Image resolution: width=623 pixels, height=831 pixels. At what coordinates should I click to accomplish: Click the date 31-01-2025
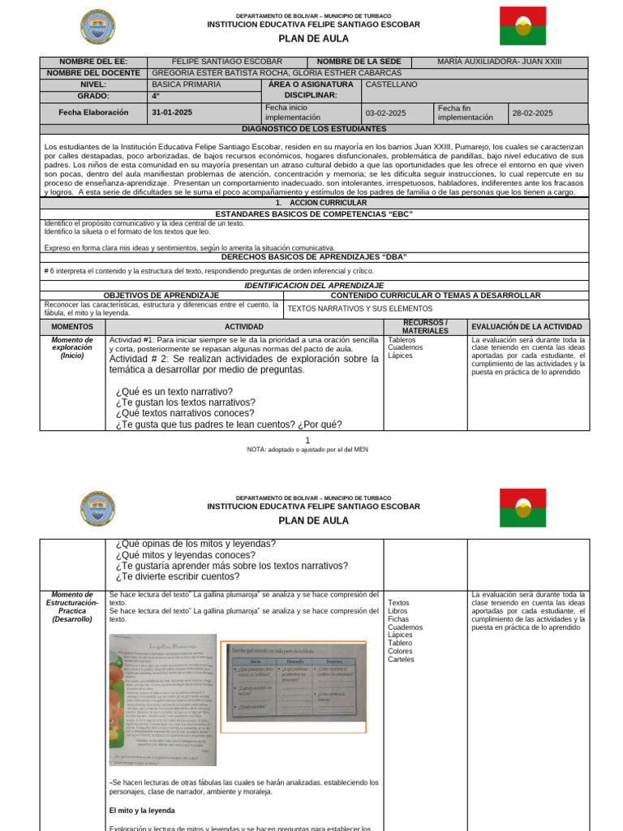172,113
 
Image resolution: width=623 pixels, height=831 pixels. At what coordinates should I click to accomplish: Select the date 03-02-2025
385,113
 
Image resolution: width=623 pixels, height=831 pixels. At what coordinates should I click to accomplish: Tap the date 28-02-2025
532,113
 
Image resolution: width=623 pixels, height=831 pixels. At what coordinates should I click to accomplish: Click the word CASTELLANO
392,84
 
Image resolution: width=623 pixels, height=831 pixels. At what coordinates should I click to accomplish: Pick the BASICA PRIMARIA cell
186,84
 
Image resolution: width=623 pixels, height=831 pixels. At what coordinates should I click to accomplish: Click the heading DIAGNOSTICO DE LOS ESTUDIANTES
314,129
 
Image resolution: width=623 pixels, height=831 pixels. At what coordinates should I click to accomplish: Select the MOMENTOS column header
72,326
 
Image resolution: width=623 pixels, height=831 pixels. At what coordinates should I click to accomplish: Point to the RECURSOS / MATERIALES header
425,326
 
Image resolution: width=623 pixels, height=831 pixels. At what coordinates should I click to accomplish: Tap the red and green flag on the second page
522,508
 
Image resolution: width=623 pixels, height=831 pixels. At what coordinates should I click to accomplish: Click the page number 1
307,440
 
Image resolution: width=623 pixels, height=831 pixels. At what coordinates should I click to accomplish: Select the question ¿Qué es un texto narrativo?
174,391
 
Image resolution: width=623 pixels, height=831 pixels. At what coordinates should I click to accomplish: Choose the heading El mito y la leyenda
142,810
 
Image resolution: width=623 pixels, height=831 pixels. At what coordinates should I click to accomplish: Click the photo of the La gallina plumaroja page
163,700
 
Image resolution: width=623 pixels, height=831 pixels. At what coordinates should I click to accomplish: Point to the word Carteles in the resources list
401,659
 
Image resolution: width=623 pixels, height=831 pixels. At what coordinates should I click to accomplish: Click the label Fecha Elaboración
93,113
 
